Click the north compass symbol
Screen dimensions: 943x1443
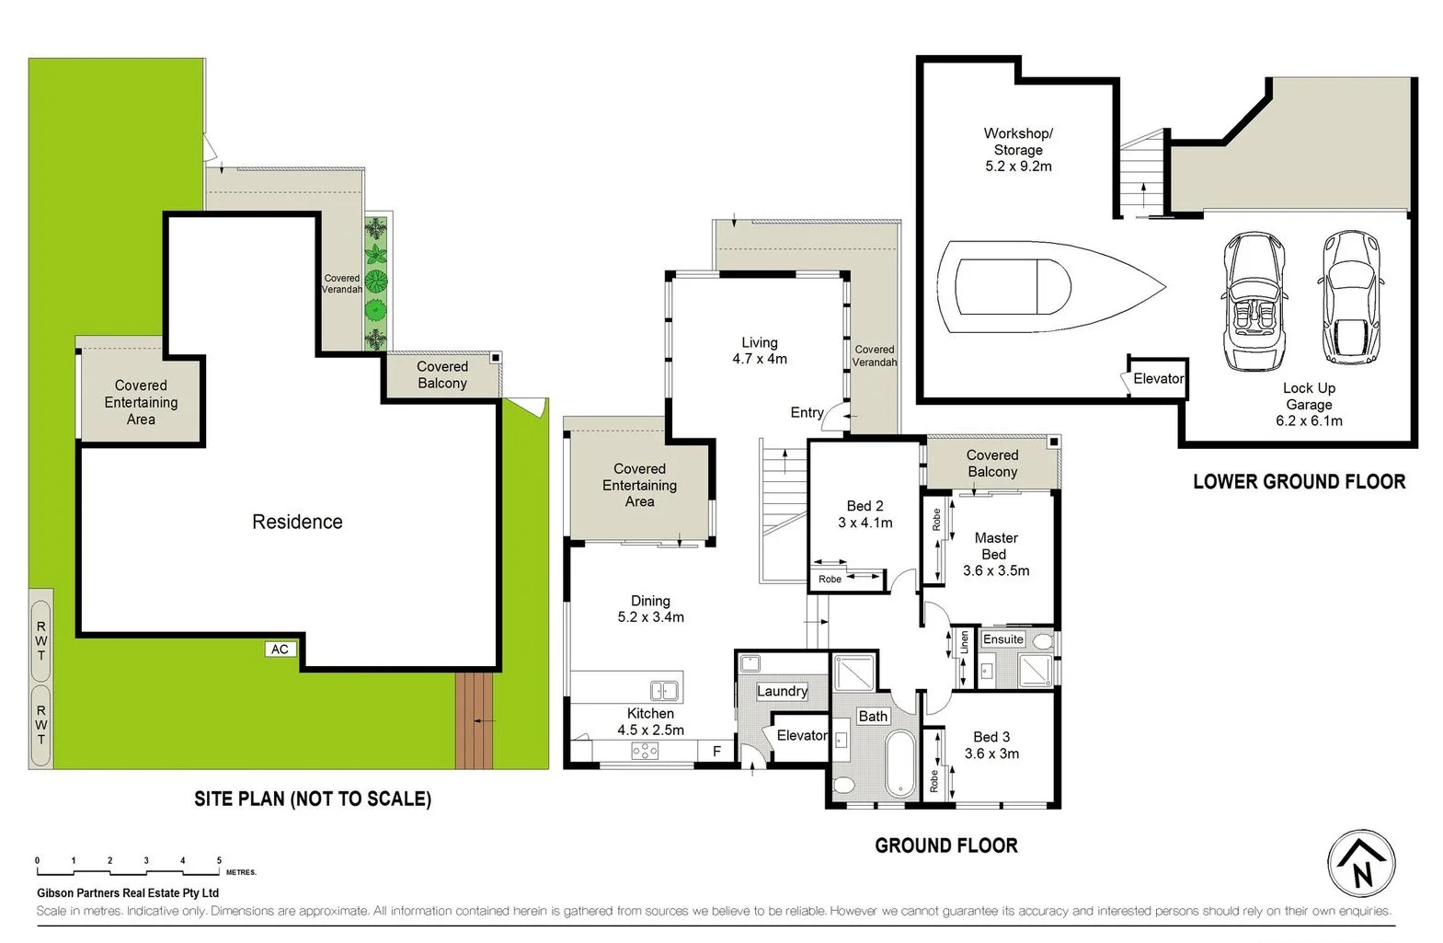pyautogui.click(x=1361, y=864)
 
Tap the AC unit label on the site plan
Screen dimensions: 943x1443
pyautogui.click(x=280, y=650)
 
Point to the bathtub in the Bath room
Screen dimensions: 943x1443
pyautogui.click(x=899, y=764)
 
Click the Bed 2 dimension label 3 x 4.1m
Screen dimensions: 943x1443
pyautogui.click(x=865, y=523)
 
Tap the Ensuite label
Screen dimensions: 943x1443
pyautogui.click(x=1002, y=639)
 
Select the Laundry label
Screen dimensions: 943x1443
pyautogui.click(x=782, y=691)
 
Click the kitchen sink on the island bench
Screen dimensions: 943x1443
pyautogui.click(x=664, y=690)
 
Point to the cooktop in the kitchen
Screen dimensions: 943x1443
pyautogui.click(x=645, y=752)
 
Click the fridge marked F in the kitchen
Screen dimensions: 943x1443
pyautogui.click(x=716, y=752)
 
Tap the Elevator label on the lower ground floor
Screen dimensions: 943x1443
pyautogui.click(x=1158, y=378)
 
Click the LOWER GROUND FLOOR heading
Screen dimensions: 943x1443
pyautogui.click(x=1299, y=481)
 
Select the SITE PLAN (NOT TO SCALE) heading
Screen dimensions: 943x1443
pyautogui.click(x=313, y=799)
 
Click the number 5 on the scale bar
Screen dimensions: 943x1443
pyautogui.click(x=219, y=861)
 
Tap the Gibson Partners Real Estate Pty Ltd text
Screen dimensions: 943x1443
pyautogui.click(x=128, y=892)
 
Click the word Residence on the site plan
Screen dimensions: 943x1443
pyautogui.click(x=297, y=522)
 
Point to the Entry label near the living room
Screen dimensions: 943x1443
pyautogui.click(x=807, y=412)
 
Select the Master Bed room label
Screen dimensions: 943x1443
pyautogui.click(x=995, y=546)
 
